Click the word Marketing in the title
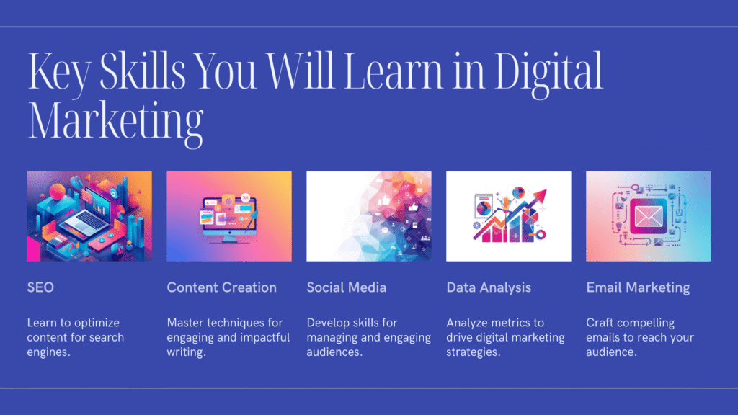(x=116, y=121)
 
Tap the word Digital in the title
(x=548, y=72)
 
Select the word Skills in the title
(x=143, y=70)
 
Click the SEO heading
(x=40, y=287)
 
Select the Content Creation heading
(x=222, y=287)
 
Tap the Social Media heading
(x=347, y=287)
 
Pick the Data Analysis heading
(x=489, y=288)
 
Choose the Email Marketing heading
(x=638, y=288)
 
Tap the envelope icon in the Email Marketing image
(x=649, y=216)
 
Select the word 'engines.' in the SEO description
(x=48, y=352)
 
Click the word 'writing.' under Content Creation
(x=187, y=352)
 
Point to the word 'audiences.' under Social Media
(x=334, y=352)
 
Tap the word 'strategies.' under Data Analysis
(x=474, y=352)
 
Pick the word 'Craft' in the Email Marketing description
(x=600, y=323)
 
